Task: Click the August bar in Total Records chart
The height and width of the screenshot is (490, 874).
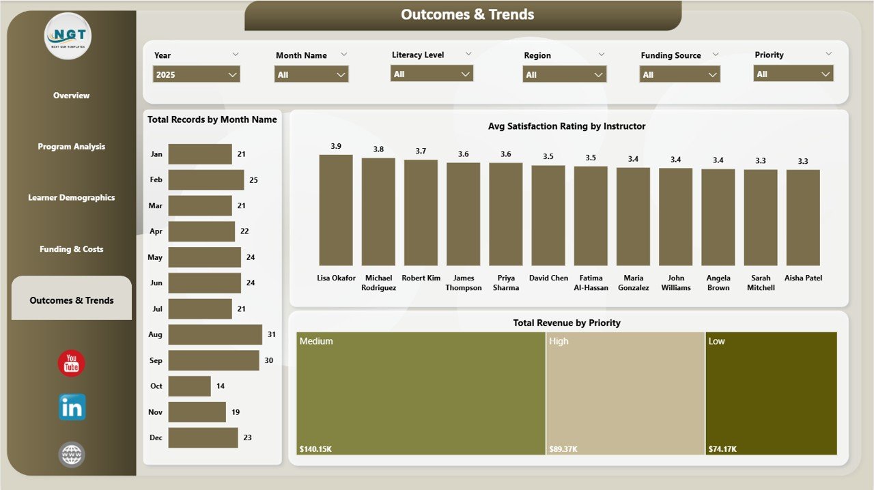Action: tap(215, 334)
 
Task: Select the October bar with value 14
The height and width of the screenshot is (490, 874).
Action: tap(189, 386)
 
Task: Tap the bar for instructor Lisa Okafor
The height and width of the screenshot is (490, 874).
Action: tap(336, 210)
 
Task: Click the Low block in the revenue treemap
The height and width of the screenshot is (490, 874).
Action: tap(771, 393)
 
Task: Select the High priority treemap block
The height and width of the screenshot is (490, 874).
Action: tap(625, 393)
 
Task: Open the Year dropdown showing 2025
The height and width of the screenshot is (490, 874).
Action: tap(197, 74)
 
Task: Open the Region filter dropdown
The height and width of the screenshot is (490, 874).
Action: tap(564, 74)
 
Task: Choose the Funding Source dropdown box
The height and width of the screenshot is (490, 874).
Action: tap(680, 74)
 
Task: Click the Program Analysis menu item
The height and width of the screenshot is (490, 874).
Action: tap(72, 147)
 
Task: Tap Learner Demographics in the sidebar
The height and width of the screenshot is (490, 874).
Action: tap(72, 198)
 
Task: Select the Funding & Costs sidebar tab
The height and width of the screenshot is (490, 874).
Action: tap(72, 249)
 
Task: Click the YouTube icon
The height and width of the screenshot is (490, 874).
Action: tap(72, 364)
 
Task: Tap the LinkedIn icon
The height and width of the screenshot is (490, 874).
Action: tap(72, 407)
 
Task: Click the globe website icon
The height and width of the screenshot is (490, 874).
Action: tap(72, 454)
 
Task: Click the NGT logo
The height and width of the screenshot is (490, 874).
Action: tap(68, 35)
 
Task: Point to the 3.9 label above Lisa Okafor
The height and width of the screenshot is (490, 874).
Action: tap(336, 146)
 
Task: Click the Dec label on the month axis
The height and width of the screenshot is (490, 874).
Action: tap(156, 437)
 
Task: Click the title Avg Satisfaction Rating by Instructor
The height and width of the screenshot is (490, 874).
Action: tap(567, 126)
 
